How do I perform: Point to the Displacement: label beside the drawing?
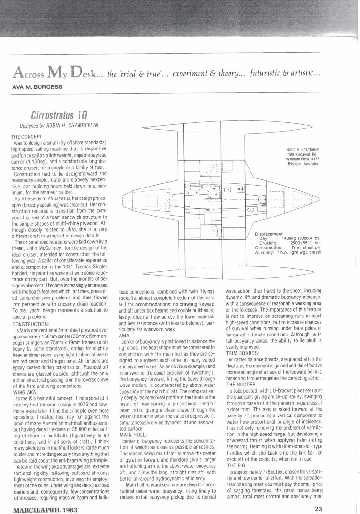pyautogui.click(x=269, y=234)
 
